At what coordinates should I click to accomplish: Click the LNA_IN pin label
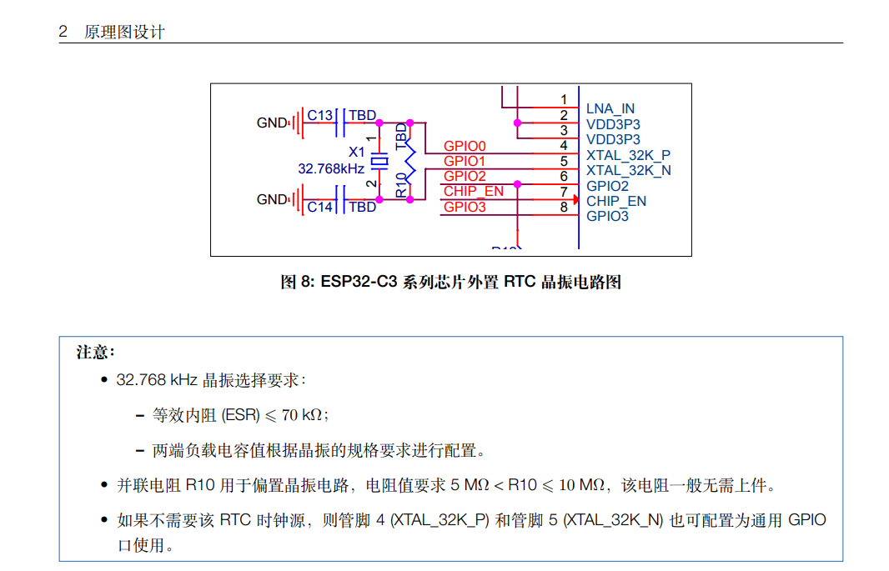610,109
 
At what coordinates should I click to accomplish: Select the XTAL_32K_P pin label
628,155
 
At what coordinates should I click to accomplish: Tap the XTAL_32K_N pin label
628,170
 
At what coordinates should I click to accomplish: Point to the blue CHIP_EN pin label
615,201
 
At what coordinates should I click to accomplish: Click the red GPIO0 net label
465,147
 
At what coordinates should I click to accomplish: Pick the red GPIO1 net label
465,161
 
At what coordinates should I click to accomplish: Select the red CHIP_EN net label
473,192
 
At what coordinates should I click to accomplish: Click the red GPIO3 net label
465,207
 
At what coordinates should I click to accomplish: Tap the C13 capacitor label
320,115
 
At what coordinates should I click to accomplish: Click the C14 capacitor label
320,207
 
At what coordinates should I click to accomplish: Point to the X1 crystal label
356,153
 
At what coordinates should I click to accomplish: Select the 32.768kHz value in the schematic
331,168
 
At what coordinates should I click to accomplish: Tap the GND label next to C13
271,123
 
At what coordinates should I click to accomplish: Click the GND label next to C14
271,200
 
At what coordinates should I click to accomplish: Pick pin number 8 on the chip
564,207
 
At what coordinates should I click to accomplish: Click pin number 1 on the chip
564,100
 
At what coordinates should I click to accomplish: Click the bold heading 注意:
95,352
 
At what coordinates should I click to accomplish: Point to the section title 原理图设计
124,33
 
